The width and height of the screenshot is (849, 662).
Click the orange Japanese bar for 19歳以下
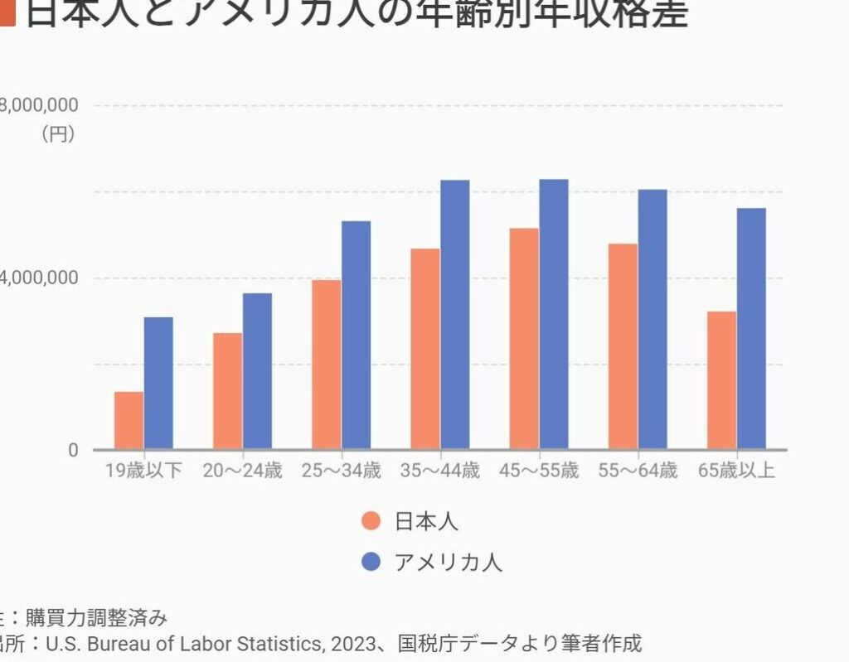(x=129, y=420)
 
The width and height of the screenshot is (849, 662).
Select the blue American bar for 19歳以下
(x=158, y=383)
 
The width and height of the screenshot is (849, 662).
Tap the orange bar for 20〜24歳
(x=227, y=391)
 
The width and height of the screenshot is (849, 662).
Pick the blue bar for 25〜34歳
(x=357, y=335)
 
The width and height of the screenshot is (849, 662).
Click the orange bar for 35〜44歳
(x=425, y=349)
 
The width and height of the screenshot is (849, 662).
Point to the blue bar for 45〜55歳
(x=554, y=314)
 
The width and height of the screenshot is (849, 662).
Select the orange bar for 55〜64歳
(x=623, y=346)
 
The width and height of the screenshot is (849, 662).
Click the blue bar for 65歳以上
(x=751, y=328)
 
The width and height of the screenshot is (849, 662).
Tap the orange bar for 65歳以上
(x=721, y=380)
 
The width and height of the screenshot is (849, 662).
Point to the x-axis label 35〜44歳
(x=439, y=471)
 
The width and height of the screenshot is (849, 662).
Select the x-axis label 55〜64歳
(x=638, y=471)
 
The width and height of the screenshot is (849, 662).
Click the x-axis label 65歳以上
(x=736, y=471)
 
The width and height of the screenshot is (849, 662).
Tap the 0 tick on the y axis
(x=73, y=450)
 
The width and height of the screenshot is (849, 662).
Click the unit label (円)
(x=58, y=133)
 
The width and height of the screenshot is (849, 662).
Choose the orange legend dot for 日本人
(x=371, y=521)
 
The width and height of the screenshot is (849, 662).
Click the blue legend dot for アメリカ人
(x=371, y=563)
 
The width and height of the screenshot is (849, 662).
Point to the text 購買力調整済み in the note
(x=96, y=617)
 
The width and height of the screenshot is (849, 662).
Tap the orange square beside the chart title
(x=7, y=13)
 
